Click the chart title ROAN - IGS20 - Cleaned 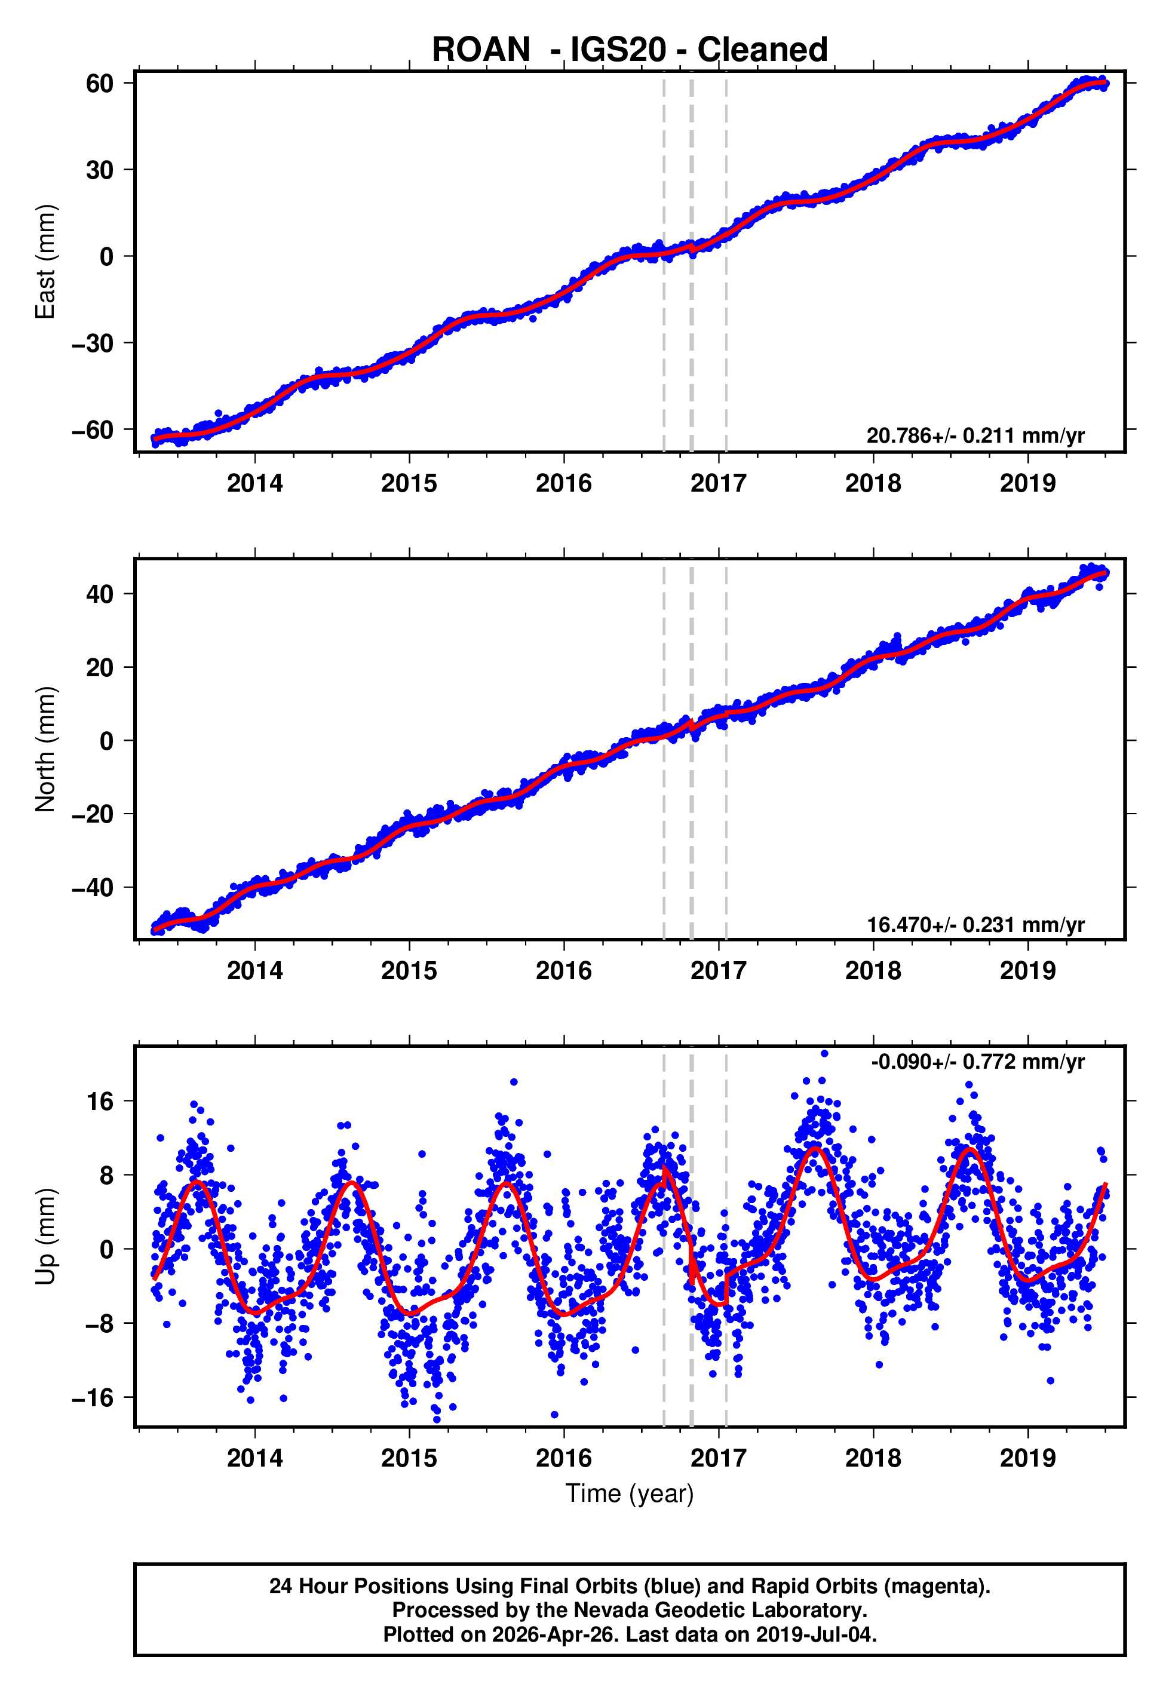[x=630, y=50]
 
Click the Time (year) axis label [x=630, y=1493]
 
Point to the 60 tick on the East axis [x=99, y=83]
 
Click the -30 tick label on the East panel [x=93, y=343]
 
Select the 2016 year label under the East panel [x=563, y=483]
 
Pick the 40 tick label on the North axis [x=99, y=594]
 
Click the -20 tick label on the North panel [x=93, y=814]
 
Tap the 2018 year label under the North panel [x=872, y=971]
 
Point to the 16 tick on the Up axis [x=99, y=1101]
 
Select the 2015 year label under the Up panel [x=409, y=1458]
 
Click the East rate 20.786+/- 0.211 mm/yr [x=975, y=435]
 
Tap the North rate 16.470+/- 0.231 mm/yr [x=975, y=924]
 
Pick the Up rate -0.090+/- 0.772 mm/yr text [x=977, y=1062]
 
